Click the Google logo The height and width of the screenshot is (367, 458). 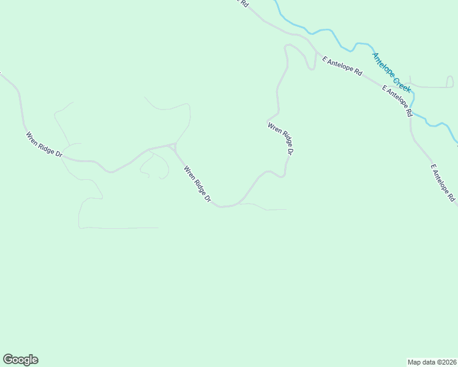[x=20, y=360]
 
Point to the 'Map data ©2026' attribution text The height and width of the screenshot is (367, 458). [x=432, y=361]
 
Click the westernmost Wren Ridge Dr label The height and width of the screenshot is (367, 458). [x=44, y=144]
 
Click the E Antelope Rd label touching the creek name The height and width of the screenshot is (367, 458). [x=397, y=100]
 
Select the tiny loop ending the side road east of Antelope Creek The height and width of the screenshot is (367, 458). [x=408, y=83]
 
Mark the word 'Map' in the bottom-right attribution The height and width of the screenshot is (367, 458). [x=415, y=361]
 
